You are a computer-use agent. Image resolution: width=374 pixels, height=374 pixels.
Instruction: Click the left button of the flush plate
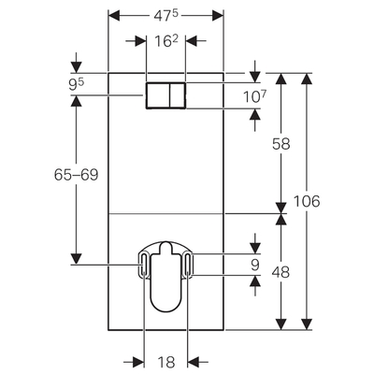156,96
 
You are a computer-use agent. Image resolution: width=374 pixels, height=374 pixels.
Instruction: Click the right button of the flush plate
177,96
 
